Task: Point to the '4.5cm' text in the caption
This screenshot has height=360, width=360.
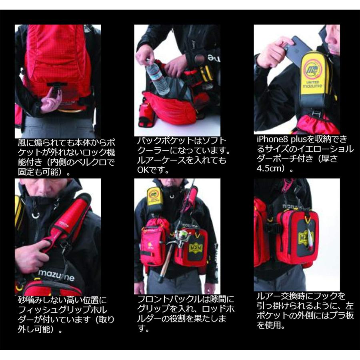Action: (268, 168)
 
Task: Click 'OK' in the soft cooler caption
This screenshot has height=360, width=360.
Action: (143, 170)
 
